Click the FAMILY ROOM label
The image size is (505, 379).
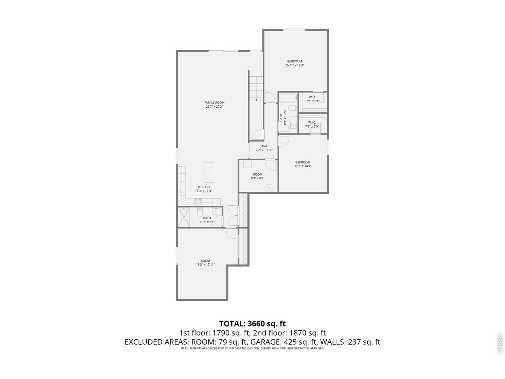coord(214,103)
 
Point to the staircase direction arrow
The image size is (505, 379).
coord(256,100)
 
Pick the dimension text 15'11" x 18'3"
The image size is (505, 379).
coord(294,66)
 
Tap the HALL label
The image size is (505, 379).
coord(264,146)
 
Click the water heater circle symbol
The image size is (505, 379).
coord(270,188)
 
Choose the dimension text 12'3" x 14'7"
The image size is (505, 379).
coord(303,166)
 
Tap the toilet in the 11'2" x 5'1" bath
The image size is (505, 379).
coord(199,213)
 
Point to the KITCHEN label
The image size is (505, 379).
coord(204,187)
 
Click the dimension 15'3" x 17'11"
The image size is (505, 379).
coord(205,265)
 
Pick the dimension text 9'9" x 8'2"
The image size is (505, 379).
coord(258,178)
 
